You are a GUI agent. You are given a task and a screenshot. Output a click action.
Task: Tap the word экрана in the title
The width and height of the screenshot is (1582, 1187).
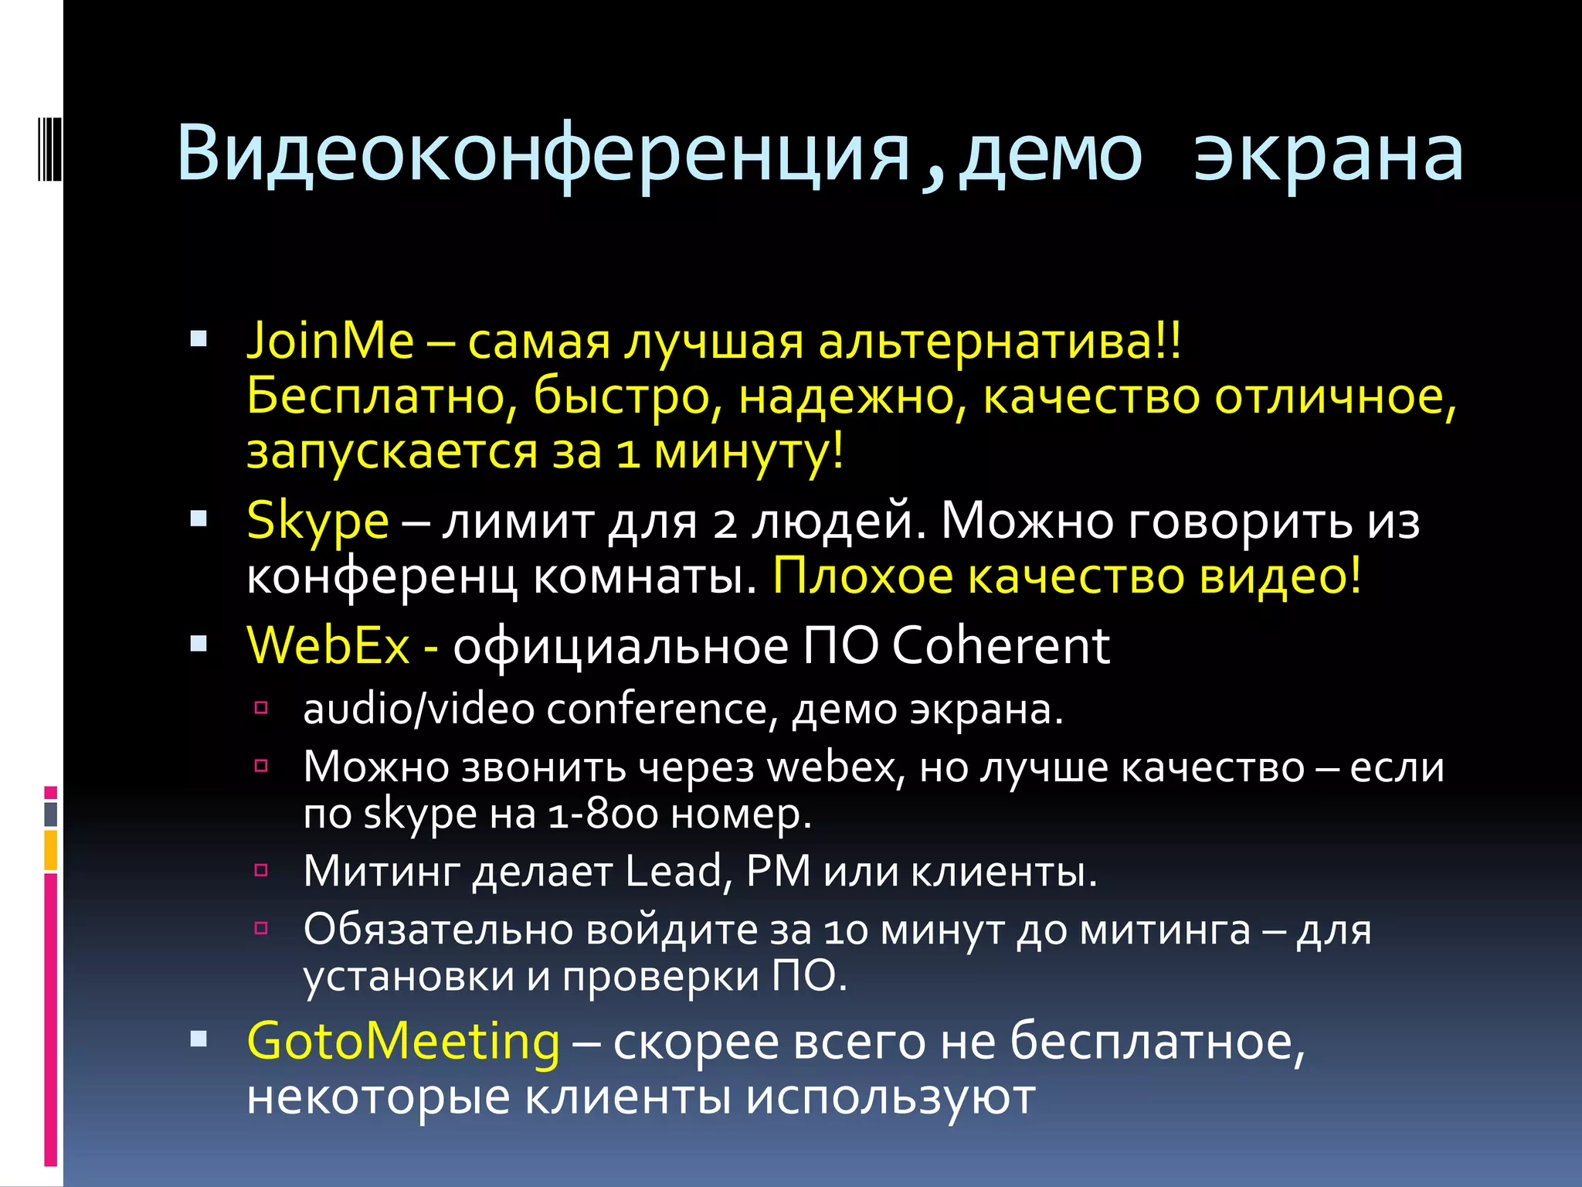(x=1328, y=155)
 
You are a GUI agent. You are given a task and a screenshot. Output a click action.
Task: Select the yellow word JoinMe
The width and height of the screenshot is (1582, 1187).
(x=330, y=341)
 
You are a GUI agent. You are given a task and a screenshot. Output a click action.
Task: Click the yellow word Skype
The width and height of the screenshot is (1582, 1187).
(x=317, y=522)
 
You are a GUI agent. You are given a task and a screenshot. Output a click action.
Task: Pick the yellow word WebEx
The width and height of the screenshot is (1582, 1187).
(x=328, y=645)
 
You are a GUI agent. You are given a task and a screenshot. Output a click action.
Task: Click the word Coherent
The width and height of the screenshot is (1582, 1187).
(x=1001, y=645)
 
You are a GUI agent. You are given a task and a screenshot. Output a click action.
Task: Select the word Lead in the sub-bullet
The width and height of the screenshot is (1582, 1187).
(x=673, y=872)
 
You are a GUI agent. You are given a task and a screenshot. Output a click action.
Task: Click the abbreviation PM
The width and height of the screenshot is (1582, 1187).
(x=779, y=872)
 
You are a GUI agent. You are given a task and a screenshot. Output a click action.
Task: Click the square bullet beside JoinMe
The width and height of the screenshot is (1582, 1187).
(x=199, y=338)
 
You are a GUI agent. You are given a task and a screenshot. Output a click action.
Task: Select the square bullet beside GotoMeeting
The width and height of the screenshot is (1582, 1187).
(x=199, y=1039)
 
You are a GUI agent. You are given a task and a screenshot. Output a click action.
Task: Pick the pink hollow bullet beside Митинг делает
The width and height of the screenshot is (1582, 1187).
(x=261, y=871)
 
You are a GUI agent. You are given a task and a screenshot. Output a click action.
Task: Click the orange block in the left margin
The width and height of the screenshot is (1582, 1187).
(x=51, y=850)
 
